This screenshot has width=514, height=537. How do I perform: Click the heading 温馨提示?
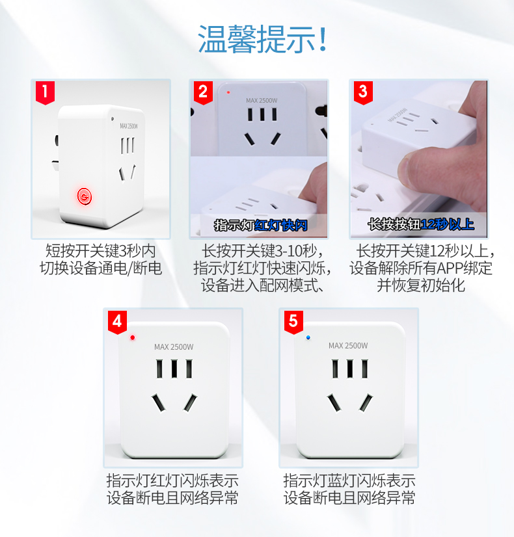[x=262, y=39]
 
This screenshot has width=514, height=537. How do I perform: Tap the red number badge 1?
[x=46, y=92]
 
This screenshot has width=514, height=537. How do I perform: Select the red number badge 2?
[x=203, y=92]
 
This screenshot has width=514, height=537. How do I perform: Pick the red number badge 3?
[x=363, y=92]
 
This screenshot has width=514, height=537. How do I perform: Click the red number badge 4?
[x=117, y=322]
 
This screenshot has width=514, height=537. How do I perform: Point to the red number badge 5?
[x=293, y=322]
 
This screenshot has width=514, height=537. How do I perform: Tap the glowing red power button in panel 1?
[x=85, y=196]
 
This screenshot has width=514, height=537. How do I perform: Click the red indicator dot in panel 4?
[x=133, y=337]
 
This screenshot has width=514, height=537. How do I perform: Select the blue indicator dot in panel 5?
[x=308, y=337]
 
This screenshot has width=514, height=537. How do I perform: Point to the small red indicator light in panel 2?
[x=228, y=92]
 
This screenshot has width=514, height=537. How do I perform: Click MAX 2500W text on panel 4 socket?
[x=174, y=347]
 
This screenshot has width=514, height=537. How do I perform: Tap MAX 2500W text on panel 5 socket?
[x=348, y=346]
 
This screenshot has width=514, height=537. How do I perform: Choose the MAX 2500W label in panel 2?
[x=262, y=100]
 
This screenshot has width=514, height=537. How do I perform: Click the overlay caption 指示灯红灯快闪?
[x=261, y=226]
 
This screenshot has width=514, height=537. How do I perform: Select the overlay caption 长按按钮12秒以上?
[x=421, y=224]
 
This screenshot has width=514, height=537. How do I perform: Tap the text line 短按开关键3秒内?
[x=101, y=251]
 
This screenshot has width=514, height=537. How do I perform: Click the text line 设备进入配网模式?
[x=262, y=285]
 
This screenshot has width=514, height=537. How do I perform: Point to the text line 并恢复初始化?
[x=421, y=285]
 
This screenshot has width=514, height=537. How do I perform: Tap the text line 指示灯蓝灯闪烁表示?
[x=349, y=480]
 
